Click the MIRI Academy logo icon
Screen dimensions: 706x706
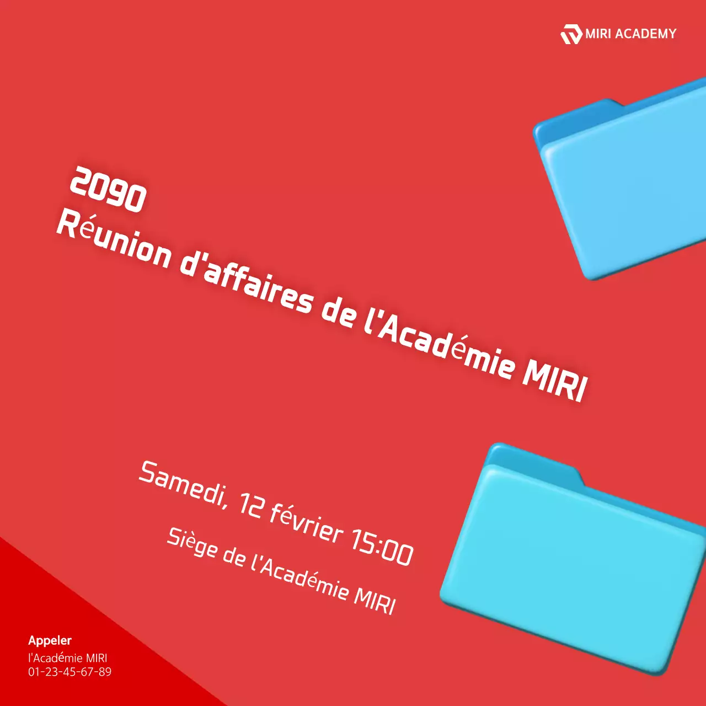coord(571,34)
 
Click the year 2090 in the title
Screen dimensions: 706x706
coord(108,190)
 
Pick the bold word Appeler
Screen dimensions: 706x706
coord(50,640)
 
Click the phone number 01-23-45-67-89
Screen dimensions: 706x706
coord(69,672)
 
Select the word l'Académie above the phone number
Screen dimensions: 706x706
coord(55,657)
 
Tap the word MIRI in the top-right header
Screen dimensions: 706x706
coord(598,34)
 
